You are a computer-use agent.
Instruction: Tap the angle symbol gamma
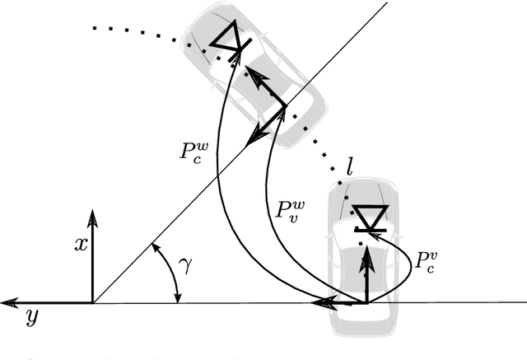[x=186, y=266]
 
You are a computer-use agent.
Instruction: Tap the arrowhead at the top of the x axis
[x=92, y=217]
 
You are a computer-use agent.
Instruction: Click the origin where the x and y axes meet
[x=92, y=303]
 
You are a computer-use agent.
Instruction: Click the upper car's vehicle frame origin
[x=284, y=107]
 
